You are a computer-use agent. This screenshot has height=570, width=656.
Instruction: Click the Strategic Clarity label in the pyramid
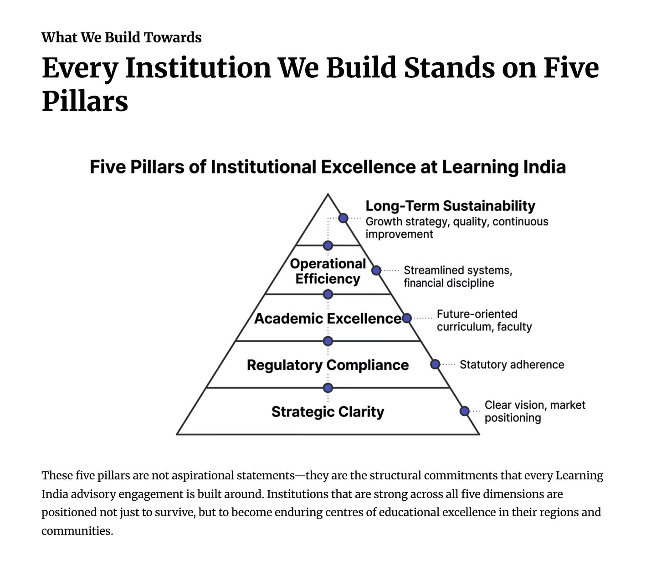pyautogui.click(x=328, y=412)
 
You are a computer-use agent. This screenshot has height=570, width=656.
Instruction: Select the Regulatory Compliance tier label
pyautogui.click(x=328, y=365)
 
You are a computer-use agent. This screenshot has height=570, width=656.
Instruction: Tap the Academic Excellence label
pyautogui.click(x=328, y=318)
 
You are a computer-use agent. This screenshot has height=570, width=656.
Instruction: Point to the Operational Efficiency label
pyautogui.click(x=328, y=271)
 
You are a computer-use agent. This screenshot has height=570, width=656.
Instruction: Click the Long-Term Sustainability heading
pyautogui.click(x=450, y=206)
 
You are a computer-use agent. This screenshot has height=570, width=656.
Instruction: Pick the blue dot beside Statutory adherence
pyautogui.click(x=435, y=364)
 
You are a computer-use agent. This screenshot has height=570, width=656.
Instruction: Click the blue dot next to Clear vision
pyautogui.click(x=464, y=411)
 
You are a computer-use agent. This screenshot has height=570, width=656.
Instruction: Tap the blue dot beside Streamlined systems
pyautogui.click(x=376, y=270)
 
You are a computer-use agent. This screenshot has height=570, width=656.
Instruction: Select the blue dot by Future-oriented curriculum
pyautogui.click(x=407, y=318)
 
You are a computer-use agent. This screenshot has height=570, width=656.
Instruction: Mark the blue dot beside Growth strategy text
pyautogui.click(x=343, y=218)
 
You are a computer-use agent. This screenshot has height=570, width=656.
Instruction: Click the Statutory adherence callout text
pyautogui.click(x=512, y=365)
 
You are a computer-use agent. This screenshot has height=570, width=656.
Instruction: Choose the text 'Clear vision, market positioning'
pyautogui.click(x=534, y=411)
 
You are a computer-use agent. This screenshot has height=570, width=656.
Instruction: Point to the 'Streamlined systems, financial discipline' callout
pyautogui.click(x=457, y=276)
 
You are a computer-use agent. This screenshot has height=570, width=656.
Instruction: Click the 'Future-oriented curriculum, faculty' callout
pyautogui.click(x=484, y=320)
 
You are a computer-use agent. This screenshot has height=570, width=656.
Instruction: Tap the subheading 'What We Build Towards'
pyautogui.click(x=121, y=37)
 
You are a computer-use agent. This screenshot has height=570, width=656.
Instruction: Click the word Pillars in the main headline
pyautogui.click(x=85, y=101)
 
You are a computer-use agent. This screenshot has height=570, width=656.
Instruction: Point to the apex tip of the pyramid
pyautogui.click(x=328, y=195)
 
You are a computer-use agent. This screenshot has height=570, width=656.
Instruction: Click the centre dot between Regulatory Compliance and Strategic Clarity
pyautogui.click(x=328, y=388)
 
